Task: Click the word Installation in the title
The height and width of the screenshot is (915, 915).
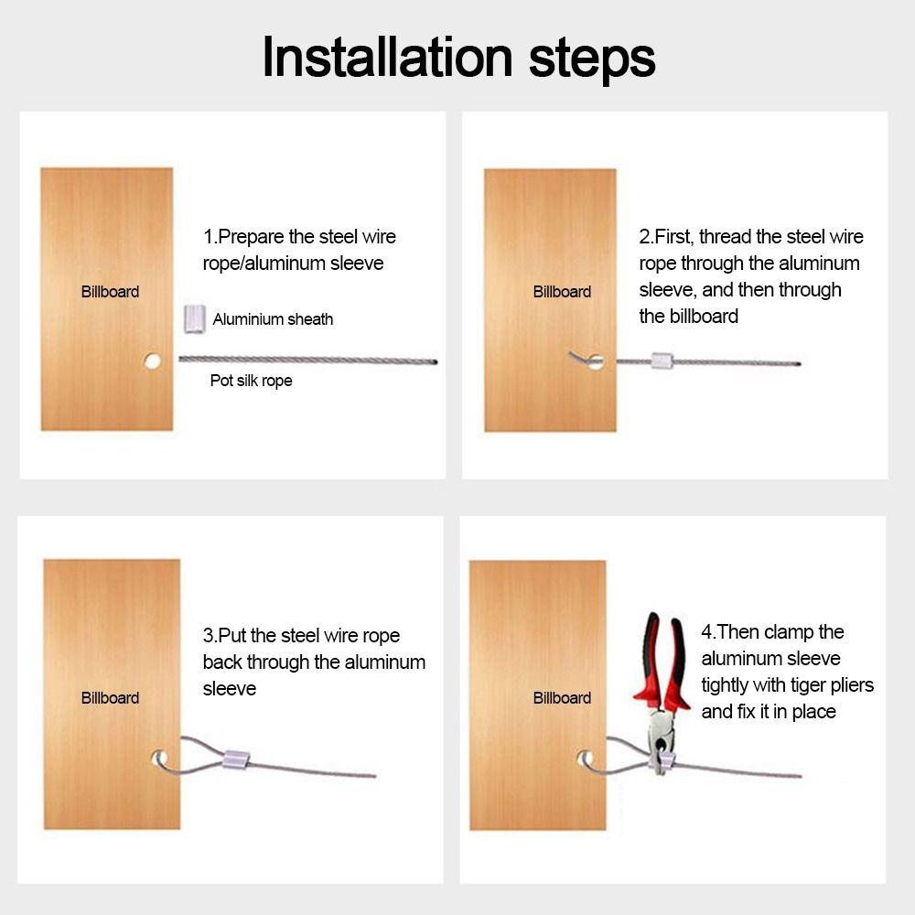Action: click(387, 57)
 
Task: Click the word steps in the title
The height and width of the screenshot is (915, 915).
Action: click(592, 61)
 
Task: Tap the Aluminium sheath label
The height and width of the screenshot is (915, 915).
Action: click(273, 319)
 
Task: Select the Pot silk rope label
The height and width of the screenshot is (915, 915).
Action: click(251, 381)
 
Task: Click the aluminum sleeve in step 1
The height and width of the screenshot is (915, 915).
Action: click(194, 318)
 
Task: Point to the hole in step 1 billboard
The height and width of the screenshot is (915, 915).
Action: click(152, 361)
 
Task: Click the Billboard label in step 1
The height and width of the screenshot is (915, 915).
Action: click(110, 292)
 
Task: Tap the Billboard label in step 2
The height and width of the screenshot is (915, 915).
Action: click(562, 292)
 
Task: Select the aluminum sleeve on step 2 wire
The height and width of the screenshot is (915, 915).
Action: click(662, 361)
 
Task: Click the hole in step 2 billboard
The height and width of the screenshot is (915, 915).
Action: click(596, 361)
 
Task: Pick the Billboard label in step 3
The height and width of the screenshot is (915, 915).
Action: click(110, 698)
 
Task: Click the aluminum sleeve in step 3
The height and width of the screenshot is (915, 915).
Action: click(236, 759)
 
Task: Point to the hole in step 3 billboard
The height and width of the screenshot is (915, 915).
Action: click(158, 759)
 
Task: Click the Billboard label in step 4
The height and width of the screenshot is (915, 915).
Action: click(562, 698)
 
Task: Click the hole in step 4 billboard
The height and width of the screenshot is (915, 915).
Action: click(585, 759)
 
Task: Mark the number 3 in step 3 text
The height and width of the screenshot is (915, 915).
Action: click(208, 636)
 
